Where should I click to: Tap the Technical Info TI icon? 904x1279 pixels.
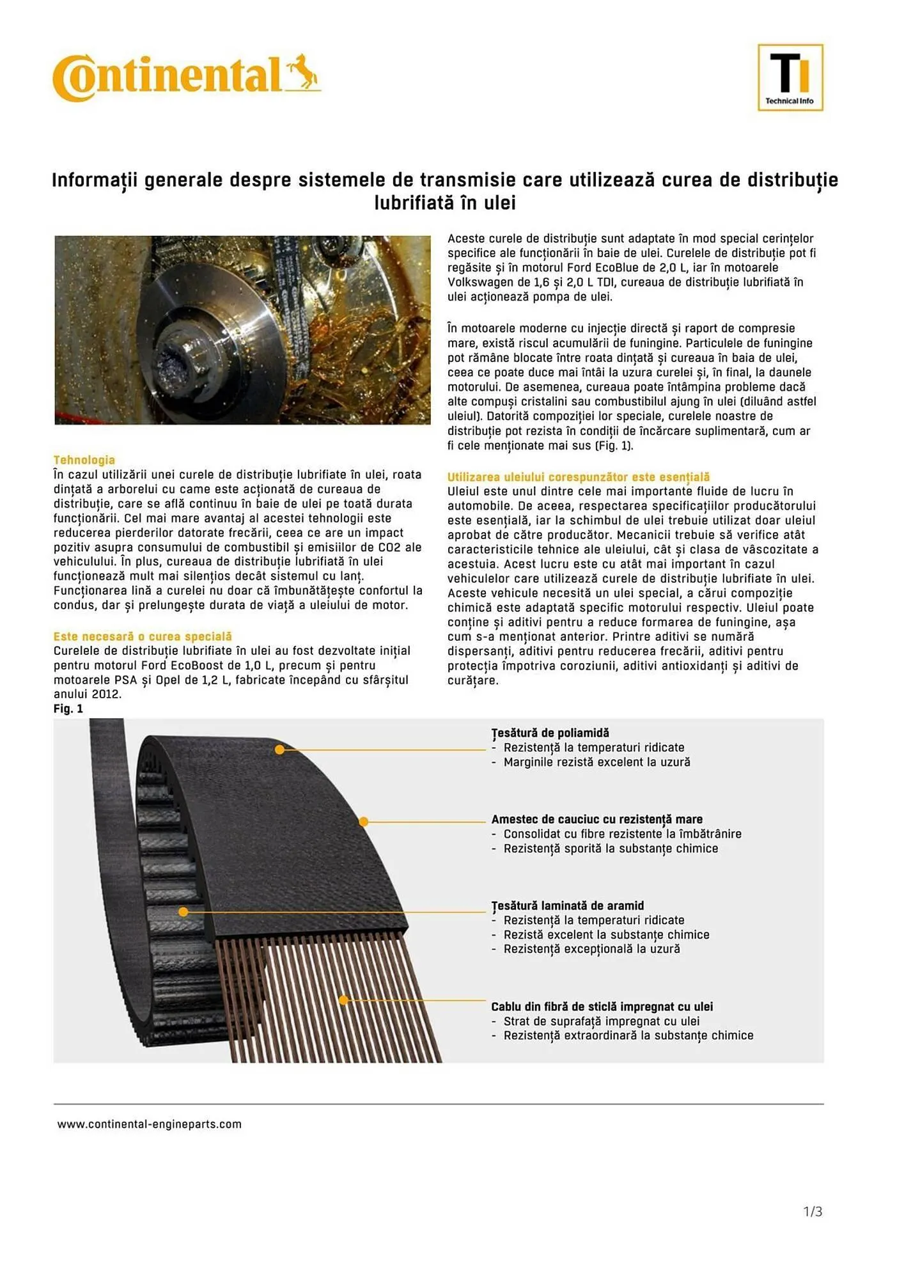(x=790, y=77)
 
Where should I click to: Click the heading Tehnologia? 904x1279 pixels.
(x=84, y=460)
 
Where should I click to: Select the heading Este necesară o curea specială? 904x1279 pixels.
(x=143, y=636)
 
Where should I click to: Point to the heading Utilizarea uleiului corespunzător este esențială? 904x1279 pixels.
(x=578, y=477)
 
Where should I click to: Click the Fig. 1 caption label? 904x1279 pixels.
(x=68, y=709)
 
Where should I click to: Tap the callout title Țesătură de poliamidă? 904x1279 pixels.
(x=550, y=733)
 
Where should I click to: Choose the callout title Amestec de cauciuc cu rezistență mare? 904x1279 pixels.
(x=596, y=819)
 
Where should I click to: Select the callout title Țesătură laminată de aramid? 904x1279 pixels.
(x=567, y=906)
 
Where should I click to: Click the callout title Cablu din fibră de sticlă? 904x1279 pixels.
(x=602, y=1007)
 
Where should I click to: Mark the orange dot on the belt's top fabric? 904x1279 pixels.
(x=279, y=749)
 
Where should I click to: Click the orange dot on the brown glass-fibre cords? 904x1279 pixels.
(x=343, y=1000)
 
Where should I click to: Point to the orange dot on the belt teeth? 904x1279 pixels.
(x=183, y=911)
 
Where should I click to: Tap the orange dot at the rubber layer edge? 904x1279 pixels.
(x=363, y=821)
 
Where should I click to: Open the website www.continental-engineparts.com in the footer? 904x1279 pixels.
(x=150, y=1124)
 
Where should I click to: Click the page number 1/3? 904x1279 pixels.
(x=812, y=1211)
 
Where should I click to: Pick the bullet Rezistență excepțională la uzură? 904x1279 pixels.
(x=591, y=949)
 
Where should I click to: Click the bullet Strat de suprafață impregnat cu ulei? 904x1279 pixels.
(x=601, y=1021)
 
